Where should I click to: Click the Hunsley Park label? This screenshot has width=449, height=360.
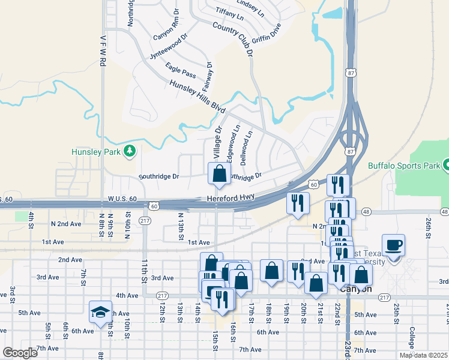[x=96, y=152]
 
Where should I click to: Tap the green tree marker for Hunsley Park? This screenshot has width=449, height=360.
[x=128, y=150]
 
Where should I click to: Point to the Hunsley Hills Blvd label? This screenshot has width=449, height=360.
[x=197, y=97]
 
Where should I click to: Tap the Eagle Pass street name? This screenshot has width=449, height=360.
[x=181, y=73]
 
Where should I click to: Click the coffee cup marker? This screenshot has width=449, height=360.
[x=393, y=245]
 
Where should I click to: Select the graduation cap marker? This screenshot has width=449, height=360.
[x=101, y=311]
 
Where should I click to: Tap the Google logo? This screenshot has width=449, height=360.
[x=20, y=353]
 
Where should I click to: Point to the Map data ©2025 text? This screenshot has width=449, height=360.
[x=423, y=355]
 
